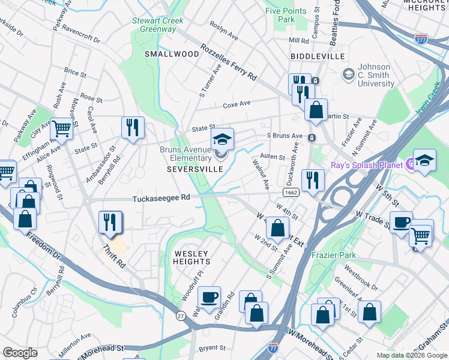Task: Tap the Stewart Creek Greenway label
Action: (158, 25)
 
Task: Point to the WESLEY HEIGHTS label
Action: (192, 258)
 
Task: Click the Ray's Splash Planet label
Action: (366, 164)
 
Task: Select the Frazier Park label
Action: (334, 255)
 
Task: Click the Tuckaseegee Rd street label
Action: (161, 197)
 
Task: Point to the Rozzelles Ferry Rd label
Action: (229, 62)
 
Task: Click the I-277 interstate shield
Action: (421, 38)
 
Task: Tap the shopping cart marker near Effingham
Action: (61, 127)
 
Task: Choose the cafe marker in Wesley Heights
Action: (209, 297)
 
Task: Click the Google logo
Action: (20, 352)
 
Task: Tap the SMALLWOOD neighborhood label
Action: (172, 54)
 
